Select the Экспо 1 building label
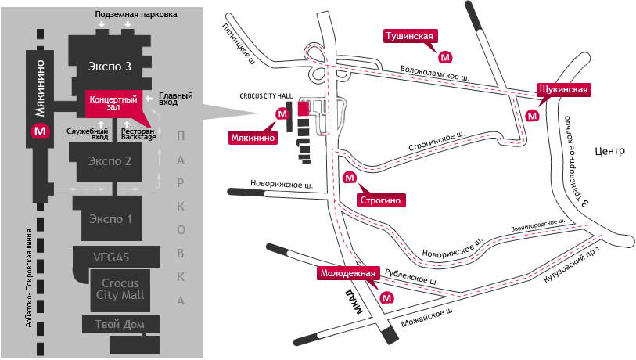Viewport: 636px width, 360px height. tap(109, 218)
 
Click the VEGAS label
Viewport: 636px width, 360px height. tap(110, 257)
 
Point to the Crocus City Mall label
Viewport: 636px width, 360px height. tap(119, 289)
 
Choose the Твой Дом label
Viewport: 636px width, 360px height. tap(117, 325)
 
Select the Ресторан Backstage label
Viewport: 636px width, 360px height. tap(138, 133)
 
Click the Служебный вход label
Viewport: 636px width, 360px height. tap(88, 133)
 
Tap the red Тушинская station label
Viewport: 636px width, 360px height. tap(409, 36)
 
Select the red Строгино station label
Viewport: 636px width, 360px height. tap(381, 200)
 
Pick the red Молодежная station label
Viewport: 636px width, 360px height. tap(349, 274)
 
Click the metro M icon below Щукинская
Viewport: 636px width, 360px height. tap(533, 115)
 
